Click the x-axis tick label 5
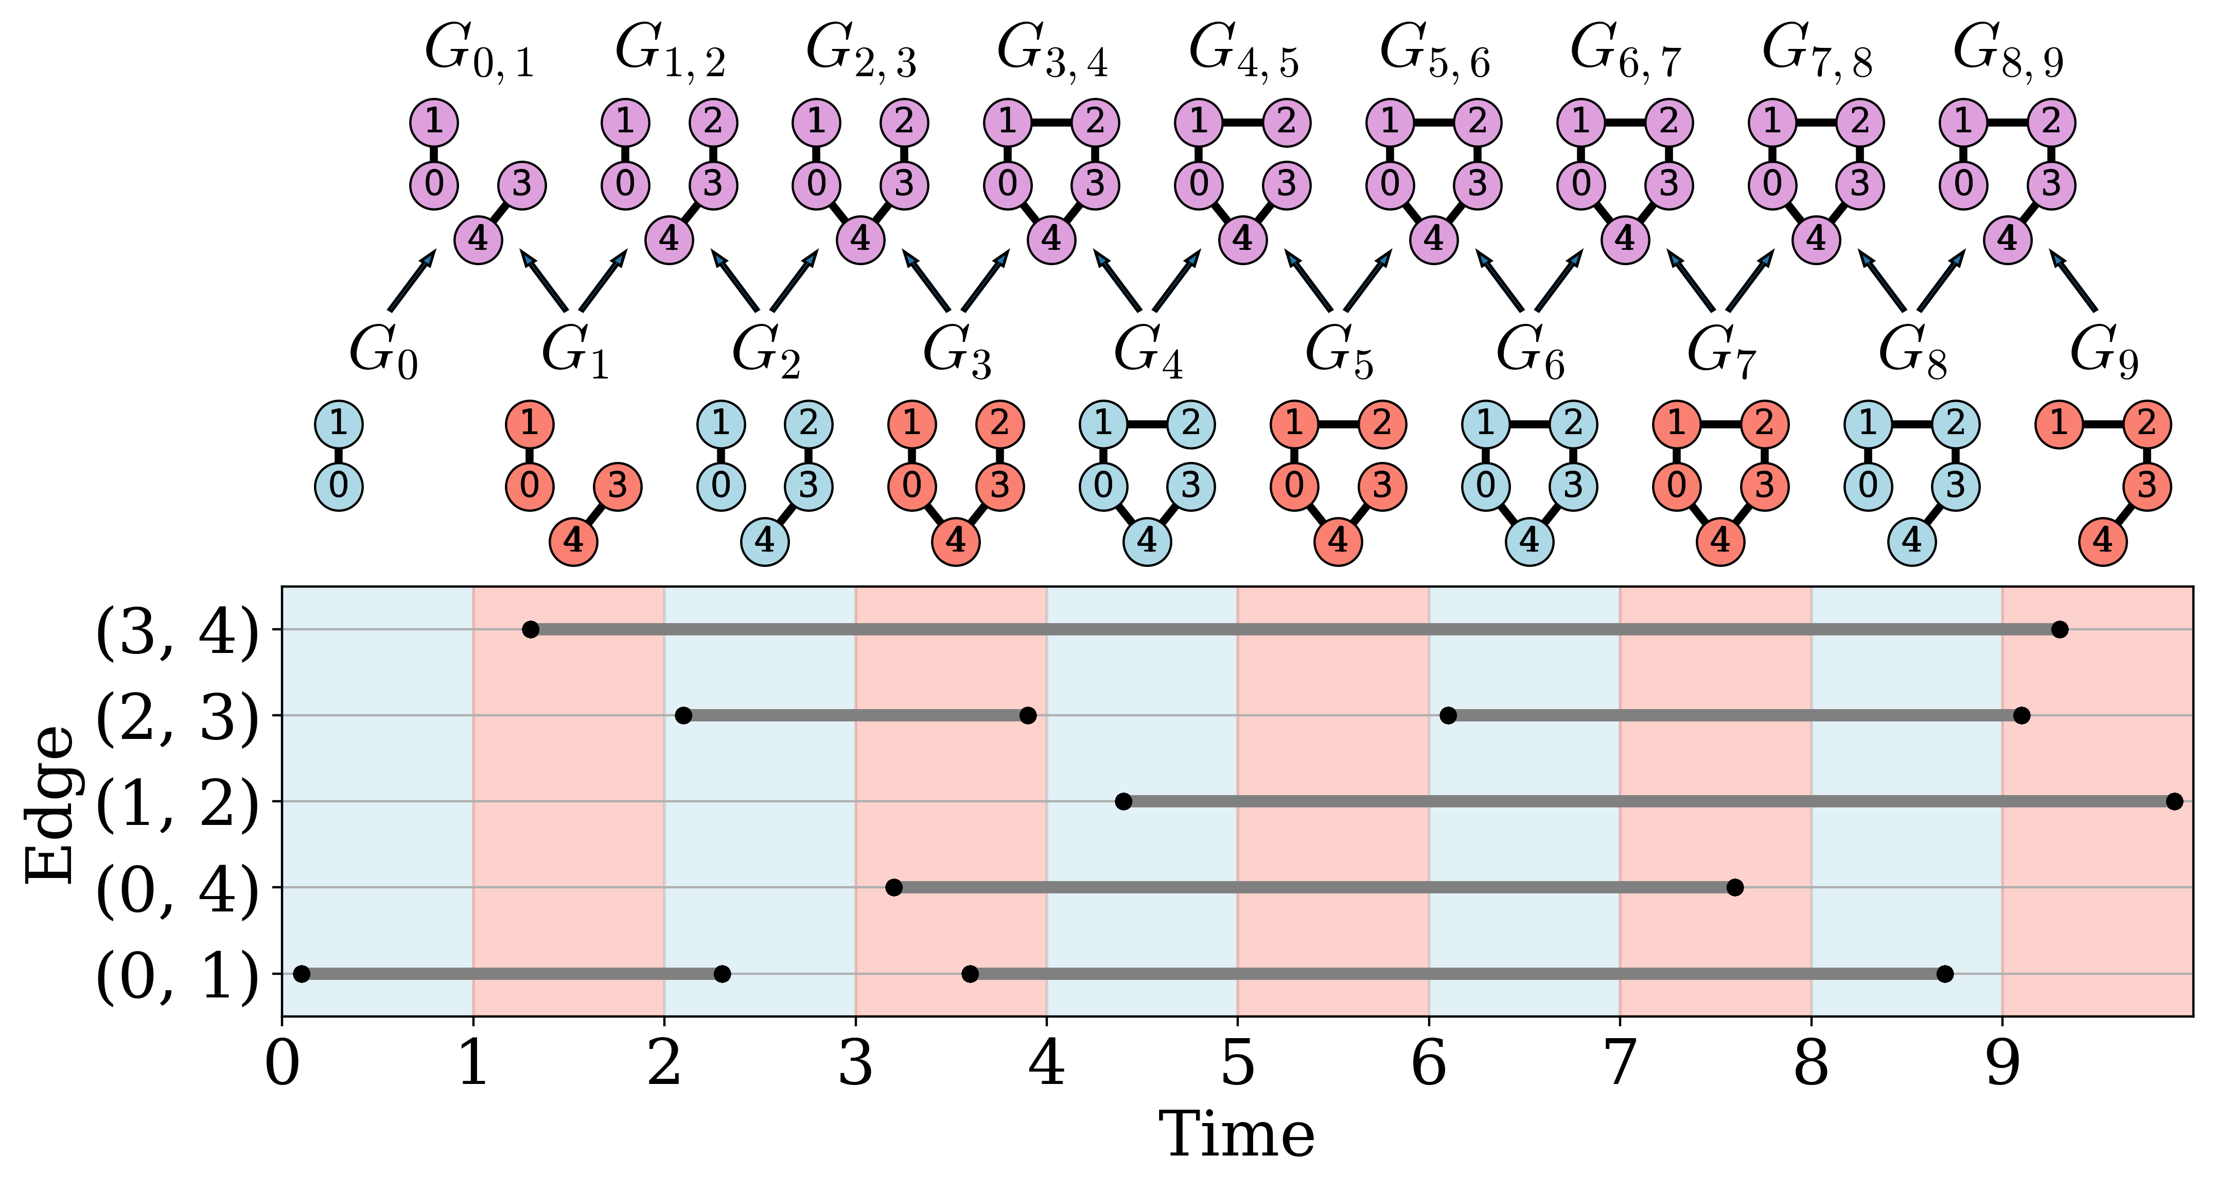point(1238,1064)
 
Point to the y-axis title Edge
point(50,804)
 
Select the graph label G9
point(2103,353)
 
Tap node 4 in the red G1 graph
point(573,541)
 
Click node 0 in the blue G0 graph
point(339,486)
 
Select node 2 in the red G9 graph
point(2146,424)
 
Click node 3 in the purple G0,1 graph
point(522,184)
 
